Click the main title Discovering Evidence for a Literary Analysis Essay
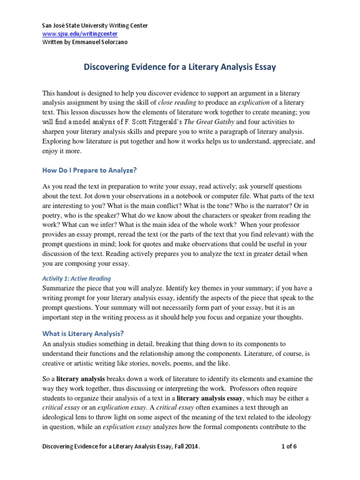coord(180,67)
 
